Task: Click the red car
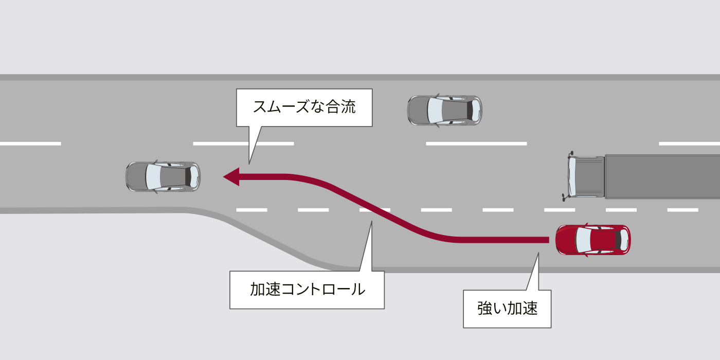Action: pos(593,240)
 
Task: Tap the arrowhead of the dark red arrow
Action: pos(231,176)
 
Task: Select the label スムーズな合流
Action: pos(304,107)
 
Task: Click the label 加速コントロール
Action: pos(307,290)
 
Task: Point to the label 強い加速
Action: pos(507,309)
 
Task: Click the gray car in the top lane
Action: pos(445,110)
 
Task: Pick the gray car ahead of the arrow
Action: pos(163,177)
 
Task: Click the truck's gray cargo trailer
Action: pos(662,176)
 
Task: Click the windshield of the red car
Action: pos(582,240)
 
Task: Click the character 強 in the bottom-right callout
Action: pos(484,309)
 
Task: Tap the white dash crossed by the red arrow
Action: pos(374,210)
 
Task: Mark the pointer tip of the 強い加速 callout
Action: pos(538,253)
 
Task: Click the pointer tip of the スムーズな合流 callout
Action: pos(249,164)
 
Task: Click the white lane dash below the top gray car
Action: pos(476,143)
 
